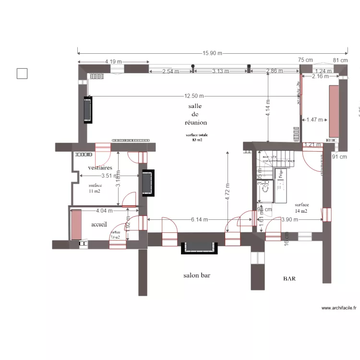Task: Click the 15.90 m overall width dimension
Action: tap(213, 53)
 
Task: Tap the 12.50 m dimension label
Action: tap(193, 96)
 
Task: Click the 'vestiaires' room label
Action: tap(100, 168)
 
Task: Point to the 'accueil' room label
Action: tap(101, 224)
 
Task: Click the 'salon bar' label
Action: tap(197, 276)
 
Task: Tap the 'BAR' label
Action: tap(289, 278)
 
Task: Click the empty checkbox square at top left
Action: tap(22, 73)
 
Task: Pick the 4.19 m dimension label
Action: tap(113, 62)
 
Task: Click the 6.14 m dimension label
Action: tap(199, 219)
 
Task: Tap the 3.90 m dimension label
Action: tap(289, 219)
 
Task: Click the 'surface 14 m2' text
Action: tap(302, 207)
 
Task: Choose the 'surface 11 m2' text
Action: tap(95, 188)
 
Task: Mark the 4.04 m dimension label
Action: tap(104, 210)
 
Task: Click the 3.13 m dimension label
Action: tap(221, 71)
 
